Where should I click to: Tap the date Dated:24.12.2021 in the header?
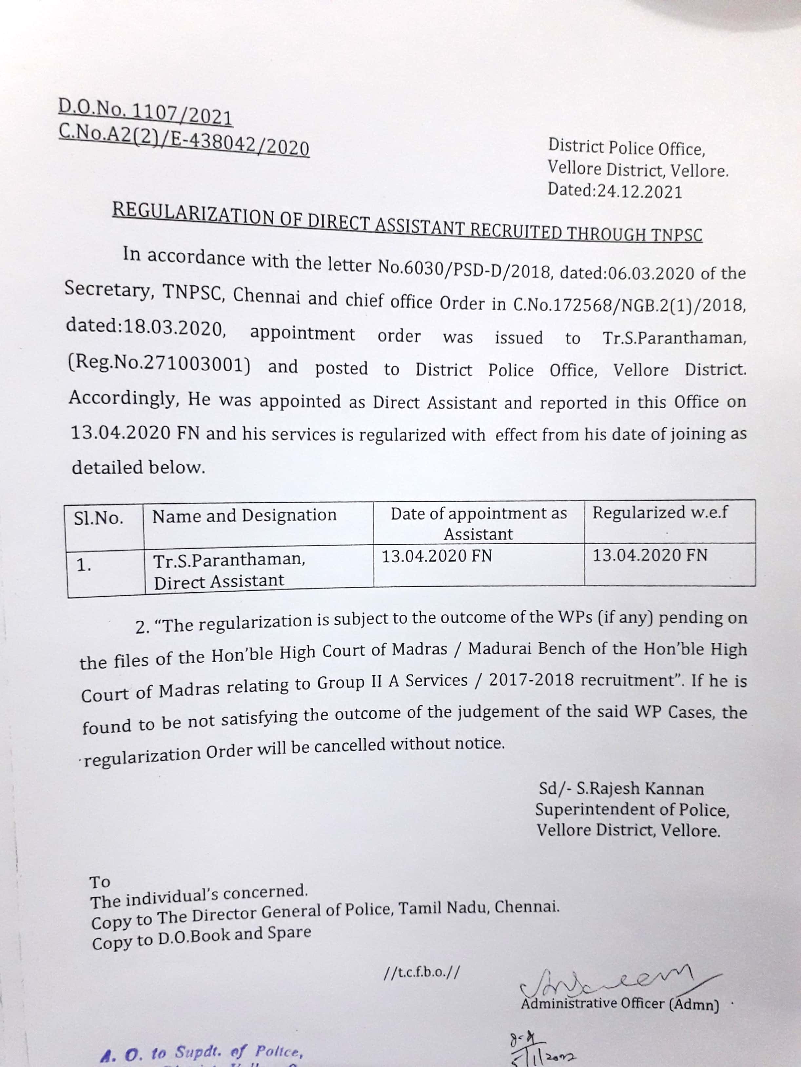615,191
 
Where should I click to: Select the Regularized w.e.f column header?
660,512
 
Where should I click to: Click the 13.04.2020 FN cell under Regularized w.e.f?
650,555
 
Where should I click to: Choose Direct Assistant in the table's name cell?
219,582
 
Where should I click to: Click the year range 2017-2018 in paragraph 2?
531,680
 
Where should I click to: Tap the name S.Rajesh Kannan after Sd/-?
640,789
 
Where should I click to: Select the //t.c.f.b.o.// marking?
421,972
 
